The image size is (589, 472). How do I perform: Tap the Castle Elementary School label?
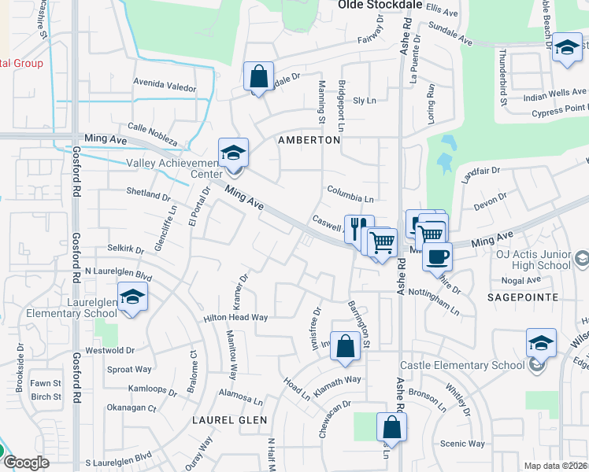461,365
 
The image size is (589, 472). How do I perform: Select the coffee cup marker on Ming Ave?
437,255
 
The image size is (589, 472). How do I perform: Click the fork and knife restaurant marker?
358,228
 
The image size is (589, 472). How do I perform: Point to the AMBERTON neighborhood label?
309,139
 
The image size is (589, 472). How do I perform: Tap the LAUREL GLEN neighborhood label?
229,420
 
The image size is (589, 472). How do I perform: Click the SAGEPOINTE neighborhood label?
522,297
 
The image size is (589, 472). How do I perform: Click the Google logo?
26,463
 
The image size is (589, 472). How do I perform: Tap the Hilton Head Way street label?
236,317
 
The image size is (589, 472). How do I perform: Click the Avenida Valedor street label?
165,87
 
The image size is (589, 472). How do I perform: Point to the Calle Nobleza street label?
152,132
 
